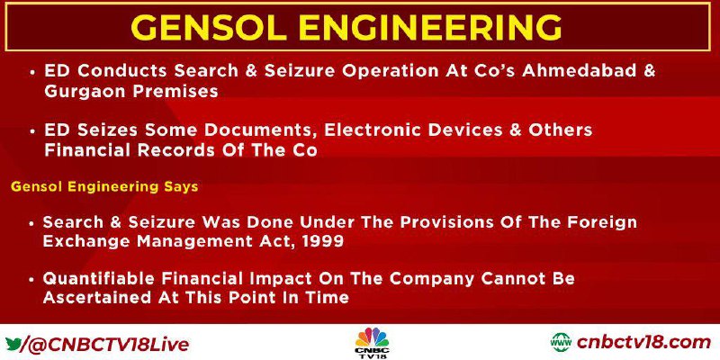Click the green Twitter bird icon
13,343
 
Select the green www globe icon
561,343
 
